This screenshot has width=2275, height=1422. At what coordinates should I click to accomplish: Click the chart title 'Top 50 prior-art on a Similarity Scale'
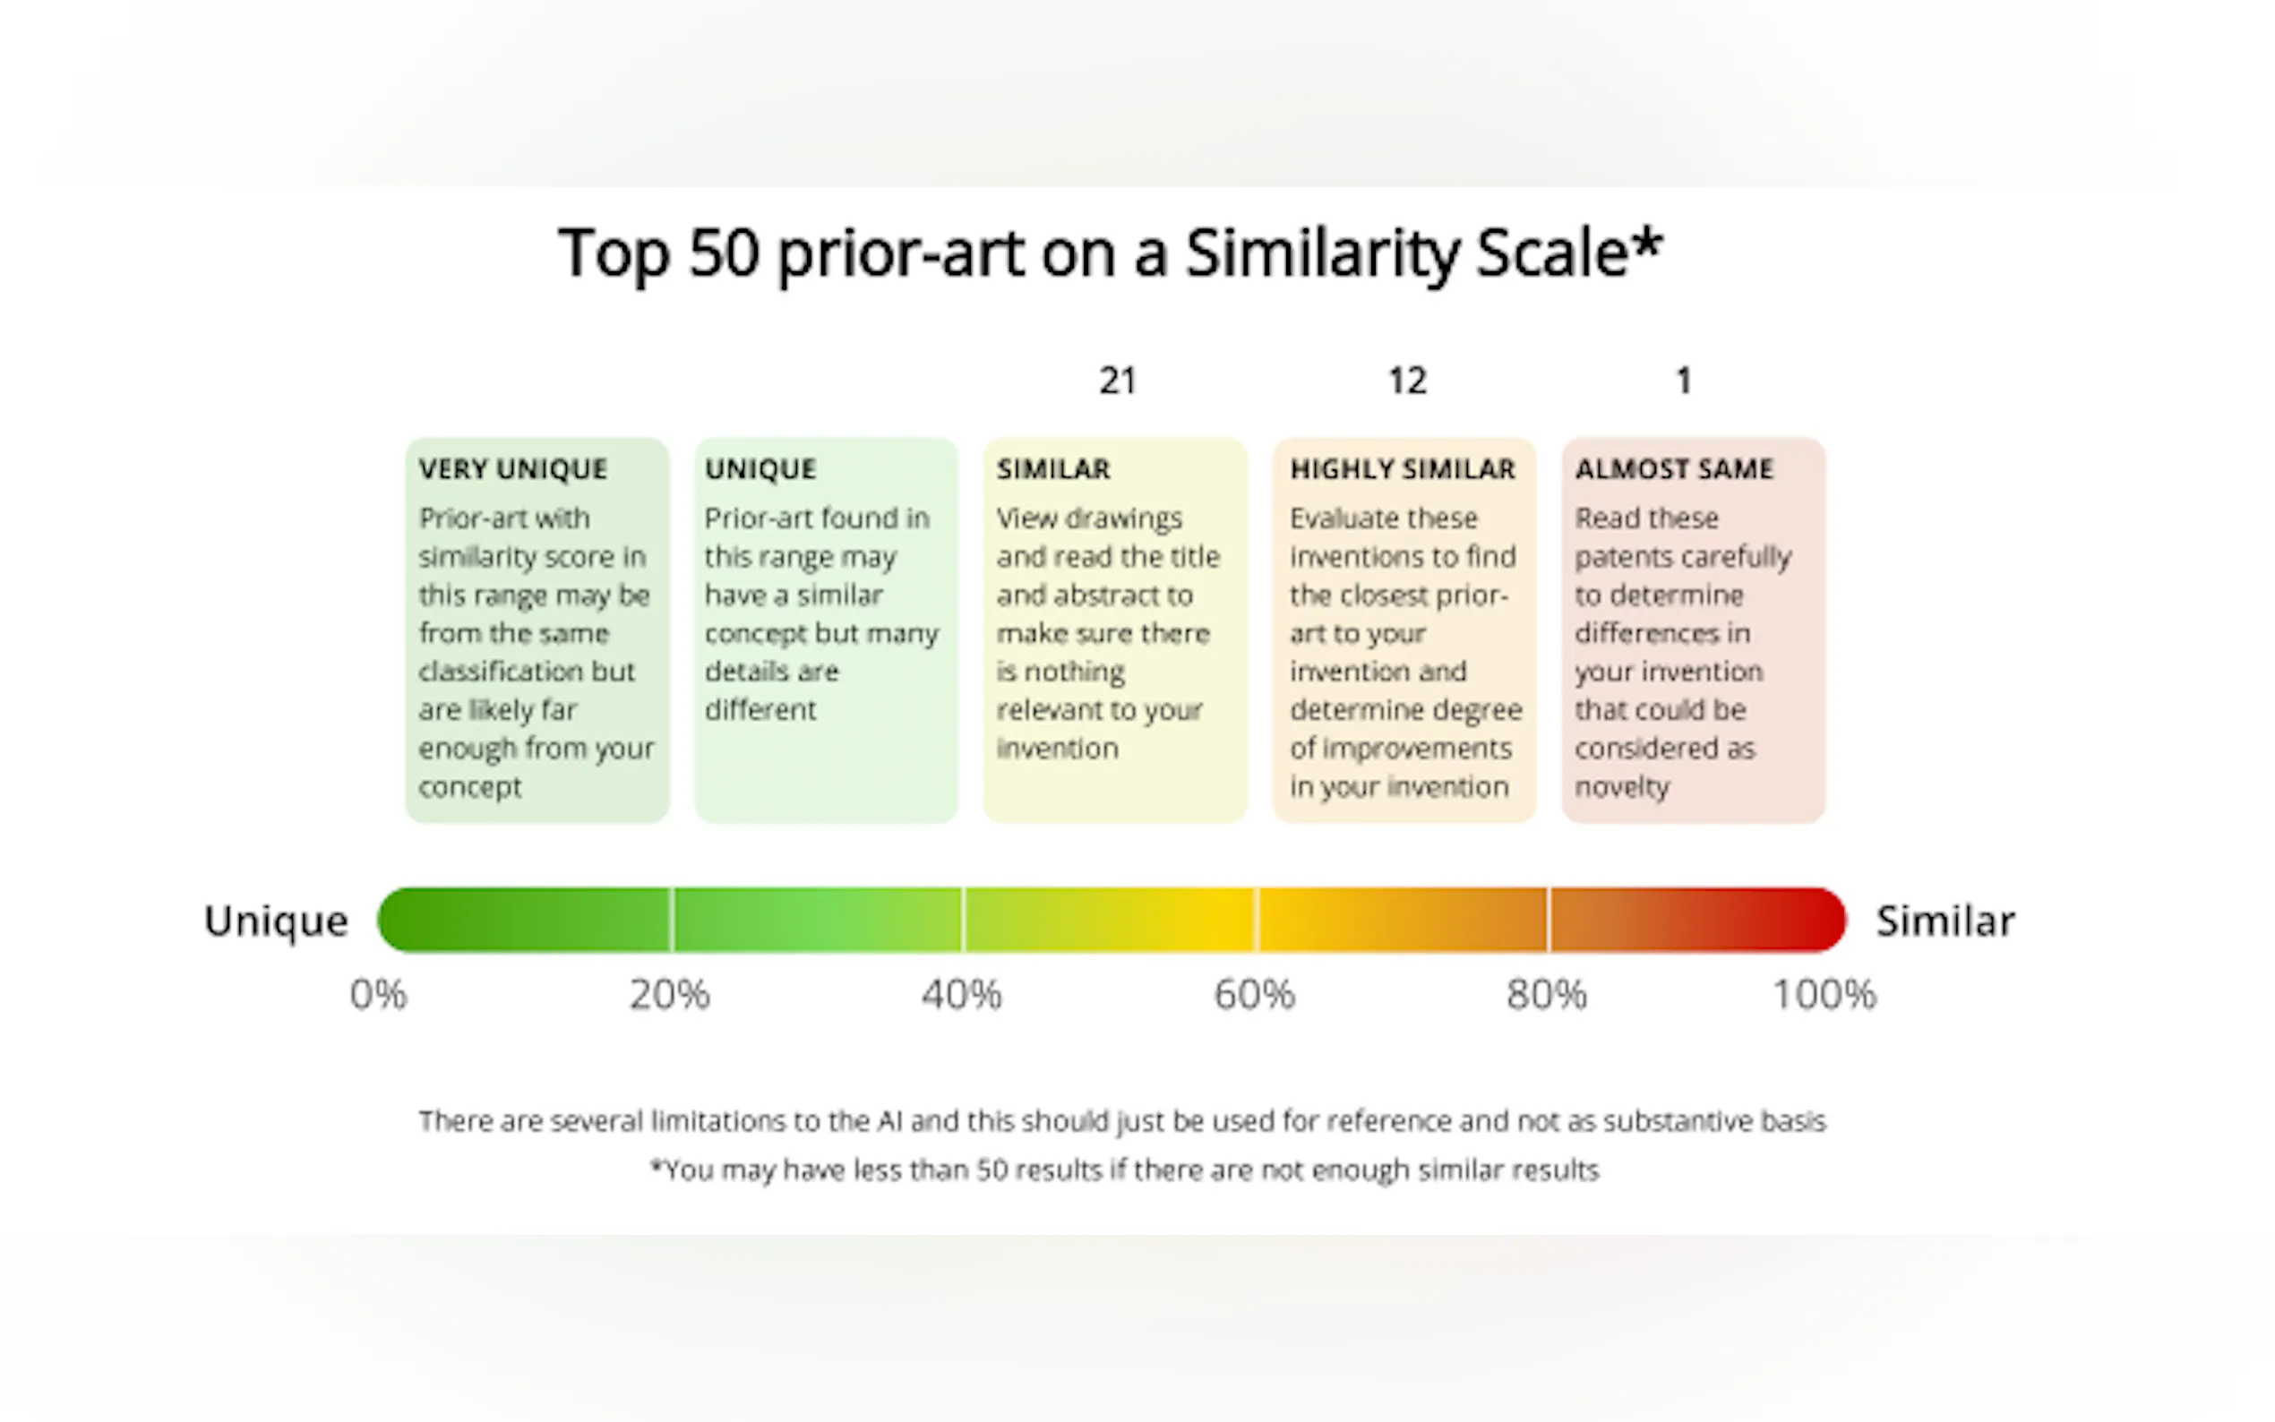click(1110, 253)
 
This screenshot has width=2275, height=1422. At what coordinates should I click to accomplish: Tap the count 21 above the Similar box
click(1118, 381)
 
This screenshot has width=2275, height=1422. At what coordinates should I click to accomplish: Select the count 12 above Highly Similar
click(1407, 381)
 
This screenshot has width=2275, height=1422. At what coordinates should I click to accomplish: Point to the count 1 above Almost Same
click(1684, 381)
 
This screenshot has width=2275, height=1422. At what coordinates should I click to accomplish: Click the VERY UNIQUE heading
click(512, 468)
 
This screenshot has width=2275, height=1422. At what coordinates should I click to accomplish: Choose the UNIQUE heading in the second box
click(760, 468)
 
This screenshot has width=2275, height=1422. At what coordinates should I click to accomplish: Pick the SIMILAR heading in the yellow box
click(1053, 468)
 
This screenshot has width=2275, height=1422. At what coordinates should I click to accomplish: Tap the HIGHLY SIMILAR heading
click(1403, 468)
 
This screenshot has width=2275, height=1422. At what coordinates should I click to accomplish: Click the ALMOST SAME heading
click(1674, 468)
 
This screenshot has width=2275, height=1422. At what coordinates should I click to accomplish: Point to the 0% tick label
click(378, 994)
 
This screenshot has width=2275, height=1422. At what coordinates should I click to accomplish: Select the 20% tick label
click(670, 994)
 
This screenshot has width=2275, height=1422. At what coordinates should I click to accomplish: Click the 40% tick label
click(961, 994)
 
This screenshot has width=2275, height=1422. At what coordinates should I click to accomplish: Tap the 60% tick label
click(1254, 994)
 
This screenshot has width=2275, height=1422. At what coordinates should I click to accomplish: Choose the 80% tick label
click(1546, 994)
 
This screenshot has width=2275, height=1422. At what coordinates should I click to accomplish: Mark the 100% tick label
click(1824, 994)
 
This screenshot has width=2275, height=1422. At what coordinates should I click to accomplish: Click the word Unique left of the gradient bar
click(276, 921)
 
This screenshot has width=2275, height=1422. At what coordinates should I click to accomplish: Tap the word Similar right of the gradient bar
click(1944, 921)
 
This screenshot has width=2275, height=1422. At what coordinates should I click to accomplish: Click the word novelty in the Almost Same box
click(1622, 786)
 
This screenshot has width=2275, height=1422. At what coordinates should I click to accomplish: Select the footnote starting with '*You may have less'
click(1124, 1170)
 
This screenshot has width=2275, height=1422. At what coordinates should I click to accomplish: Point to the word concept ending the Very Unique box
click(469, 786)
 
